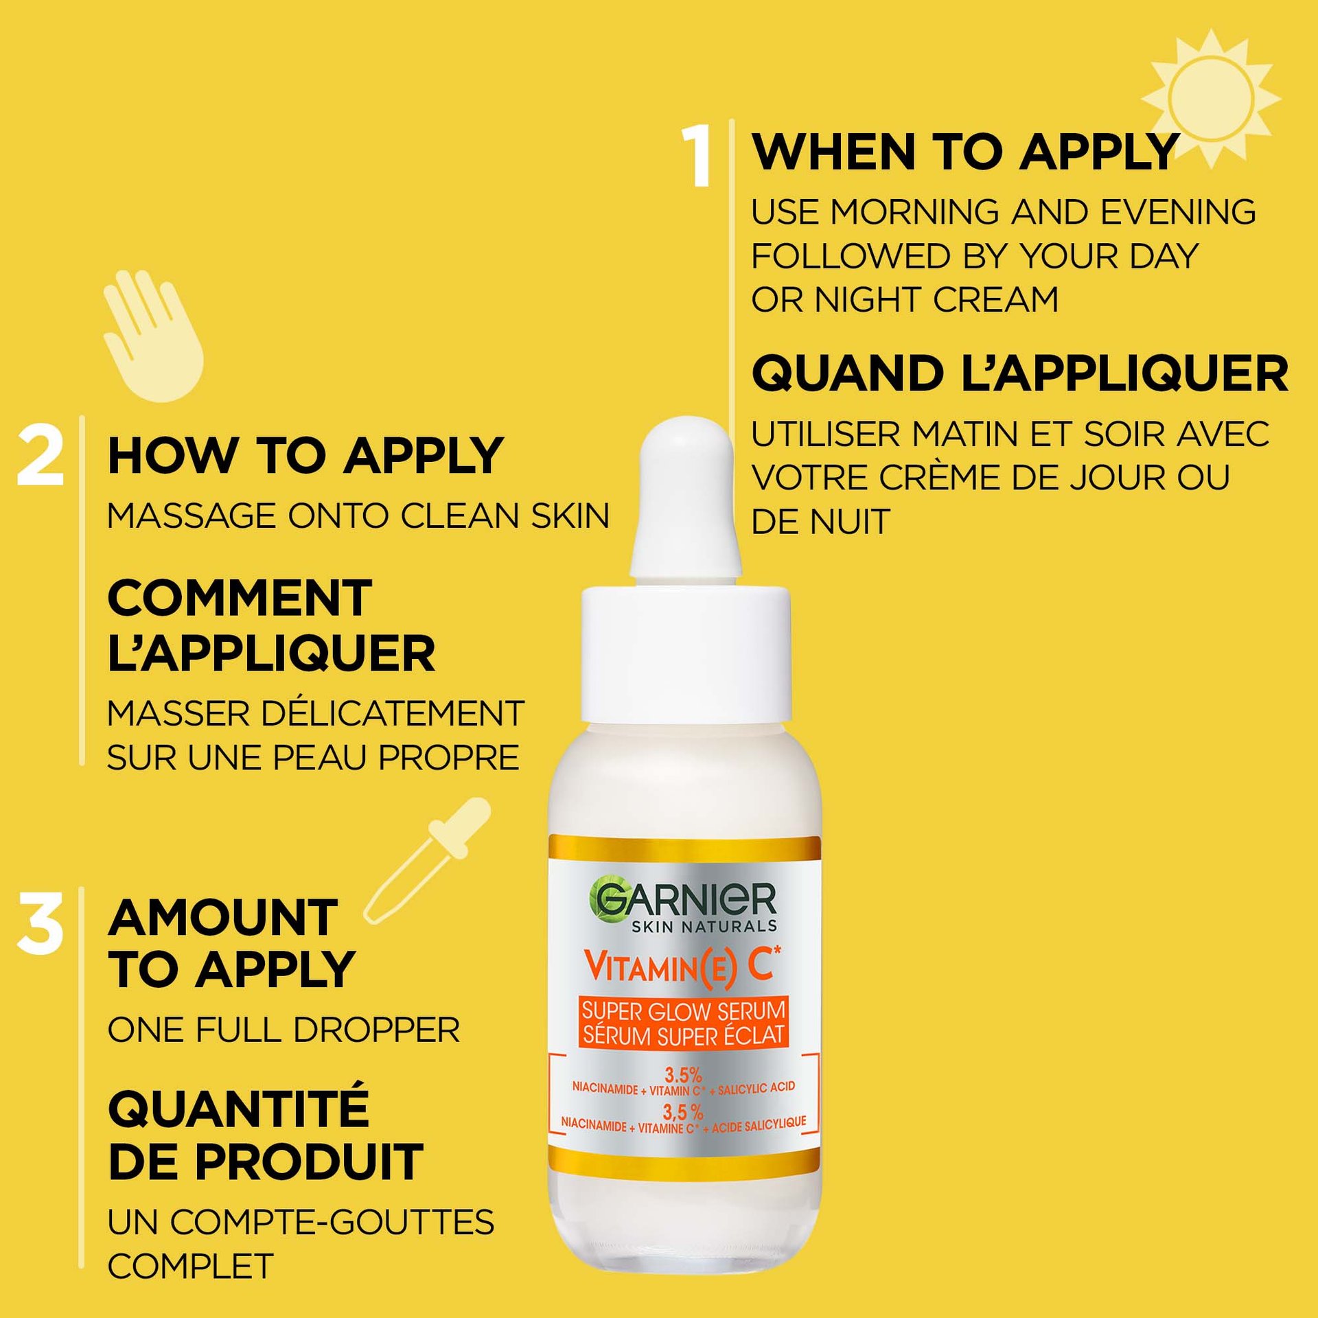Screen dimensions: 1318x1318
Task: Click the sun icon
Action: click(x=1210, y=98)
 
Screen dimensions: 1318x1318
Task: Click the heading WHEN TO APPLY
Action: click(x=966, y=152)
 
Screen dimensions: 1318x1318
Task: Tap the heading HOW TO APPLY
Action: click(x=306, y=456)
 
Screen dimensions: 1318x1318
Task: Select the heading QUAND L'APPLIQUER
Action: click(x=1020, y=374)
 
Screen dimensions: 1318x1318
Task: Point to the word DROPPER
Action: click(x=376, y=1030)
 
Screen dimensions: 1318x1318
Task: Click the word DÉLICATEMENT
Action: click(x=394, y=713)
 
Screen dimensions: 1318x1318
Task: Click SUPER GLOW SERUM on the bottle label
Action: click(x=684, y=1010)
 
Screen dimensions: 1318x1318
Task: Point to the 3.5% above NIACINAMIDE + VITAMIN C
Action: click(x=683, y=1075)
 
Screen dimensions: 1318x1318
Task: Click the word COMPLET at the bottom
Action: click(x=191, y=1267)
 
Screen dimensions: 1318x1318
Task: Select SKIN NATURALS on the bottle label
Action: click(x=704, y=927)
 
